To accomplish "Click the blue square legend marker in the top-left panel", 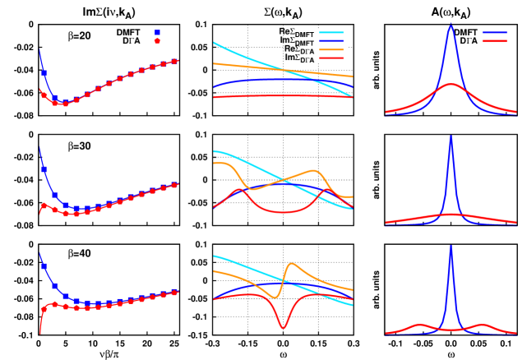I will coord(157,33).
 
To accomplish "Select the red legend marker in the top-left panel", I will coord(157,41).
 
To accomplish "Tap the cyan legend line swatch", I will coord(331,33).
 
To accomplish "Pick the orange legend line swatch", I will coord(331,49).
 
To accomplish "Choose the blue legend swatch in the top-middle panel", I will coord(331,41).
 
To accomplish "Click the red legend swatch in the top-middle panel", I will coord(331,58).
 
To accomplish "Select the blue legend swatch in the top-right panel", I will coord(494,33).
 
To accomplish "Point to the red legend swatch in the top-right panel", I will coord(494,41).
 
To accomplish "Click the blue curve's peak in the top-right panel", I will coord(451,24).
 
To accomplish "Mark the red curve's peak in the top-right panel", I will coord(451,84).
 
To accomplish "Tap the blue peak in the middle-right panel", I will coord(451,136).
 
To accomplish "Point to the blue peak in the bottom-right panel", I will coord(451,246).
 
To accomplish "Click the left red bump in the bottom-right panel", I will coord(419,325).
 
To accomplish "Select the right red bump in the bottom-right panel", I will coord(482,325).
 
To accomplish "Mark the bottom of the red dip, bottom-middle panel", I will coord(284,328).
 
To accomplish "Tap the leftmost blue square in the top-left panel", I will coord(44,73).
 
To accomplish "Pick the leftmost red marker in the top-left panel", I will coord(44,95).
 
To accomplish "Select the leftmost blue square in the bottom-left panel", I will coord(44,265).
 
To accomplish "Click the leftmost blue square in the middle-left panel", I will coord(44,169).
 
